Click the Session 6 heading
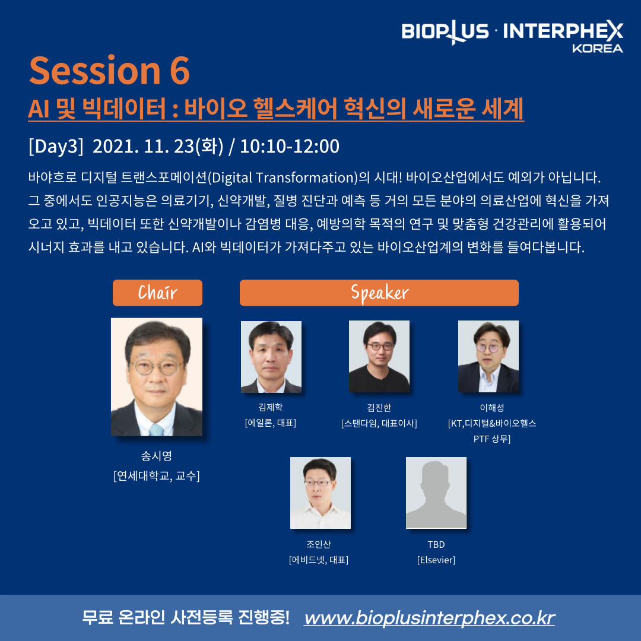110,70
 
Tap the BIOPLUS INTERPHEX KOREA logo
512,36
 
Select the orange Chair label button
157,293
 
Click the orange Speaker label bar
379,293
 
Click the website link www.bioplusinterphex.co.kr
429,618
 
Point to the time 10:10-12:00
290,147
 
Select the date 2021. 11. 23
143,147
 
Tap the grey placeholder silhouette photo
436,493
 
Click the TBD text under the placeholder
436,544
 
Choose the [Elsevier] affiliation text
436,560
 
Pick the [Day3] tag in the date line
56,147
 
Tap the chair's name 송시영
157,456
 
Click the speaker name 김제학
271,407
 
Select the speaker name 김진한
379,408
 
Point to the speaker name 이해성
492,408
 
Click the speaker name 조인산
319,544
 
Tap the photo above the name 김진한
379,357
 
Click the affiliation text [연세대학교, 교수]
157,476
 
